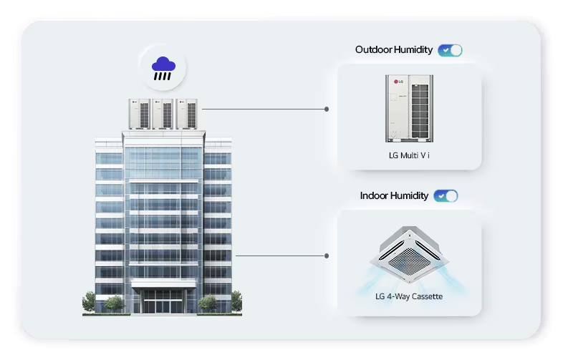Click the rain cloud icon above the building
point(162,67)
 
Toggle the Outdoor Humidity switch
point(451,50)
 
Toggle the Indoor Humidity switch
point(446,196)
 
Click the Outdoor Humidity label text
point(393,50)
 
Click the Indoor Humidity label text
point(394,196)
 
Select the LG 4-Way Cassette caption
point(408,296)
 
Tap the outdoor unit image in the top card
point(409,107)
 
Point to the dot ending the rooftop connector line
point(327,110)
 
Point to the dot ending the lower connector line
point(327,256)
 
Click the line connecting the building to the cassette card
point(279,256)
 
